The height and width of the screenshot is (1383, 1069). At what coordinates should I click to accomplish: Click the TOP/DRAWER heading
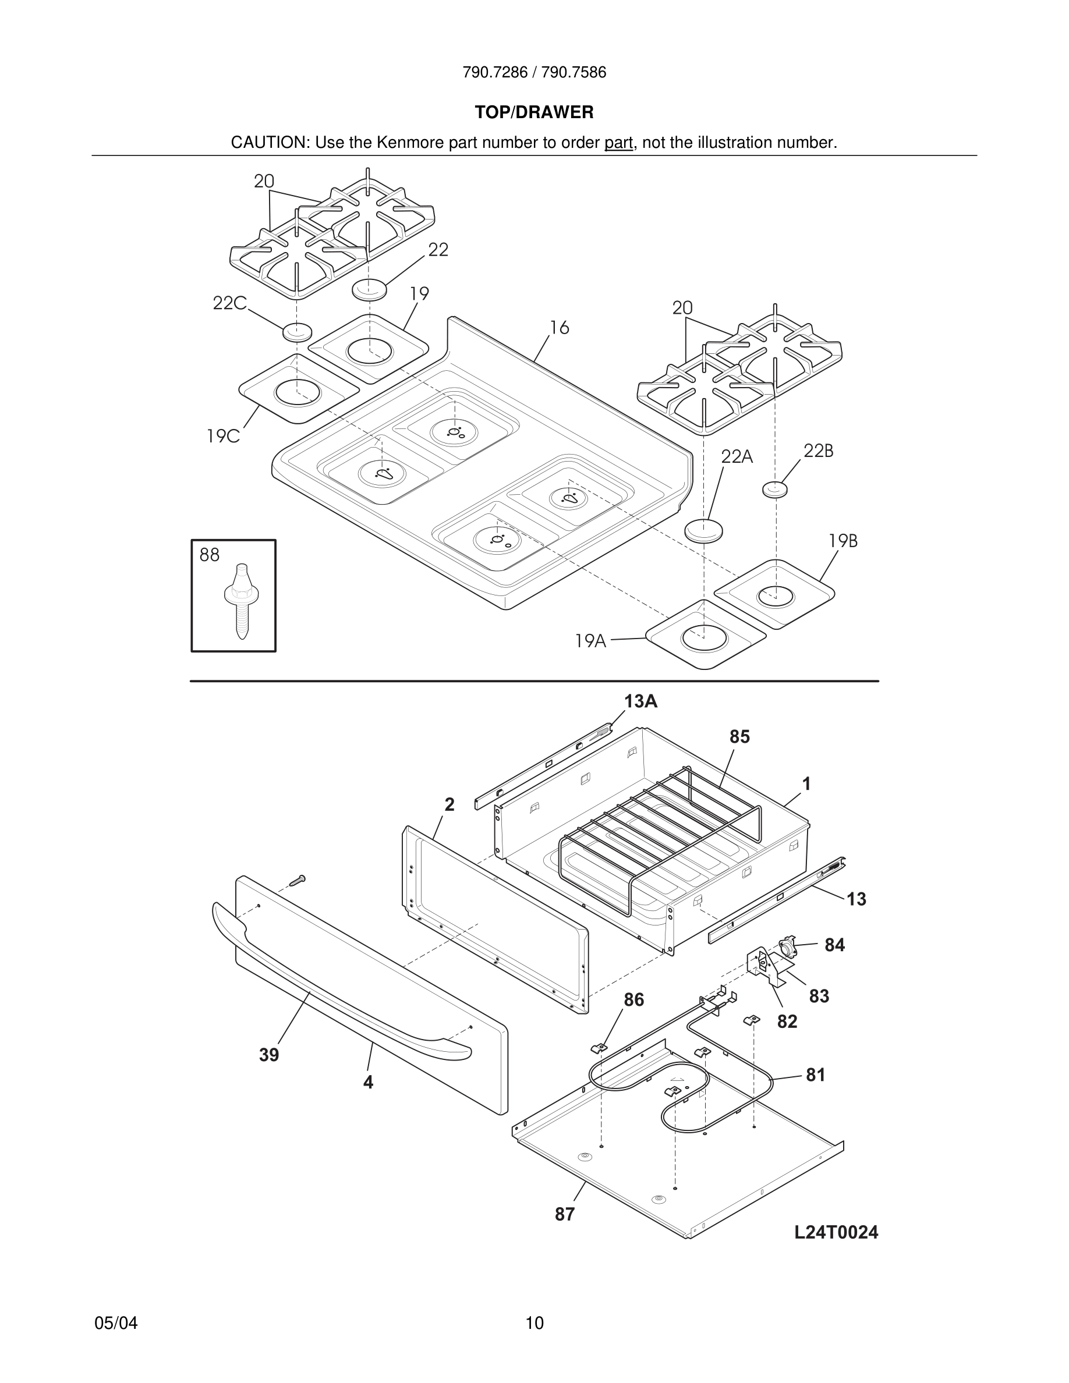pos(534,113)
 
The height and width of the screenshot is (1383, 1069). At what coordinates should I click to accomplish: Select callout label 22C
pos(229,303)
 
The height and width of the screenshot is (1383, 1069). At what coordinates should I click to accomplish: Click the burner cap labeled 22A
pos(703,531)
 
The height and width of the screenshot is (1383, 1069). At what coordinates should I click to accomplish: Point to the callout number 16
pos(559,327)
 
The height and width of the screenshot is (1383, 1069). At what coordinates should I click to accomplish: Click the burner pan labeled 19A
pos(704,633)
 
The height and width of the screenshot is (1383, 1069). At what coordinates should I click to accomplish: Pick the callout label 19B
pos(843,541)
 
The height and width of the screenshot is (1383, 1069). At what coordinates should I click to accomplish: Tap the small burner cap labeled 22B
pos(774,489)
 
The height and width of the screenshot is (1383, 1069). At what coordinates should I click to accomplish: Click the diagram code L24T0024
pos(836,1232)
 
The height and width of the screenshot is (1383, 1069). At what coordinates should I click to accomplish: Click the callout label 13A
pos(640,701)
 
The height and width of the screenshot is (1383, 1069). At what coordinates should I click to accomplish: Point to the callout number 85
pos(739,736)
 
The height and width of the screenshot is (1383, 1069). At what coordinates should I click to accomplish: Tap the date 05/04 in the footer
pos(116,1323)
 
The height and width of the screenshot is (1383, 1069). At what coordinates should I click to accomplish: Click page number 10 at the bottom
pos(534,1323)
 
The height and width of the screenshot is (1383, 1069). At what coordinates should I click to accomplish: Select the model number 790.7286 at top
pos(494,73)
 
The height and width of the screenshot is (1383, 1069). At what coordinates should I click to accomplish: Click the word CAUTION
pos(268,143)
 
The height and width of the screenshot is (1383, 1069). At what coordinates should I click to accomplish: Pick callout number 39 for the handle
pos(268,1055)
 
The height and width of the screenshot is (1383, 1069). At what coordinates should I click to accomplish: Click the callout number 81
pos(816,1075)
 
